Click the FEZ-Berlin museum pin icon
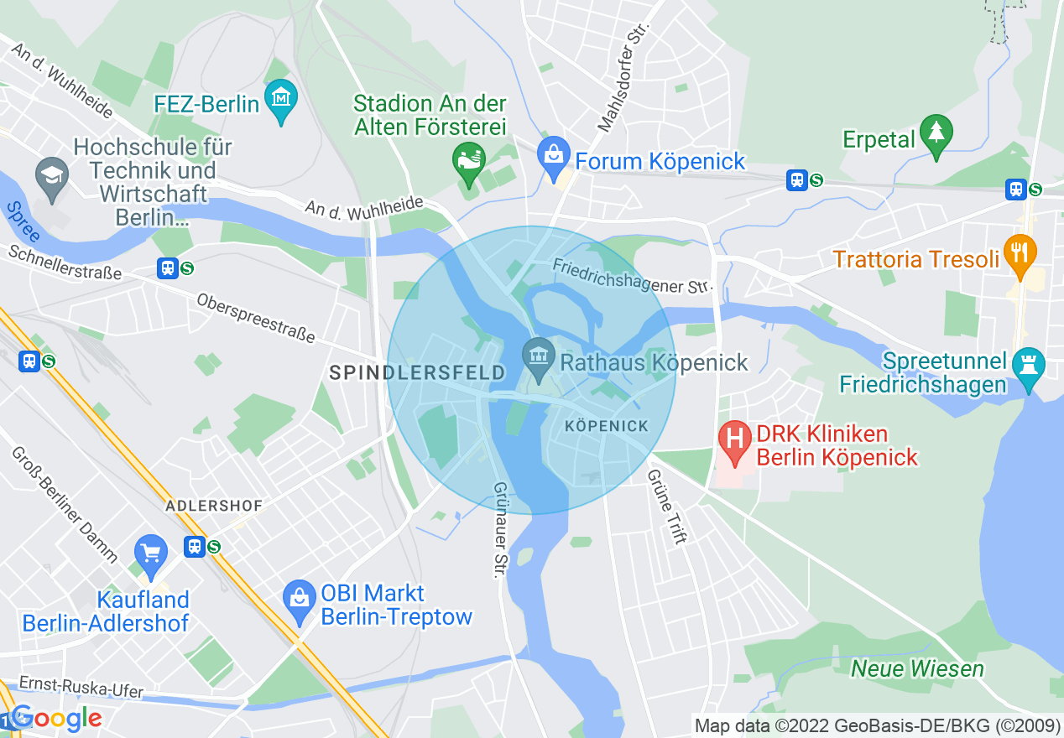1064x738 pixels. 281,99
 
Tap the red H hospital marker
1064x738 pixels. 736,441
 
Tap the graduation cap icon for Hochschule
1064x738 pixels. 52,177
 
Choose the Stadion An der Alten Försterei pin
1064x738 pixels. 468,160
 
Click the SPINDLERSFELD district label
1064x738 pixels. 417,372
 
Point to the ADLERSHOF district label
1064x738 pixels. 214,506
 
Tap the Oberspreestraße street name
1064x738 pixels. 255,318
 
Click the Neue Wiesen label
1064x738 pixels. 917,668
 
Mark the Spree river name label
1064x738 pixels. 22,222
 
